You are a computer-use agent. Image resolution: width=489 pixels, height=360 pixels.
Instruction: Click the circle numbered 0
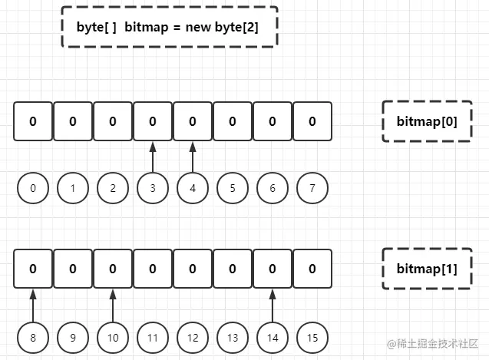[33, 188]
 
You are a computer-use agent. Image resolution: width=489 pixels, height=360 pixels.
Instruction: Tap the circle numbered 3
[153, 188]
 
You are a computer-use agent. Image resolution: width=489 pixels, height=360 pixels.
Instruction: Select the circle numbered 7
[312, 188]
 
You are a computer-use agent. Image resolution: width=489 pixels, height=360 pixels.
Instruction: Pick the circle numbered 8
[33, 335]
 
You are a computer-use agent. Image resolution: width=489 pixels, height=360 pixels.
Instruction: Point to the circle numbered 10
[113, 335]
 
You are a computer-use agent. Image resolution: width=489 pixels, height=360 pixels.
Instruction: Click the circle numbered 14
[273, 335]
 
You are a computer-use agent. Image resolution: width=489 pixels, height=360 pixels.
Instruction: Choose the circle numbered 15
[312, 335]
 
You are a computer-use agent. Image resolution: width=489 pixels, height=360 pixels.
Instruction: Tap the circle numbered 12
[193, 335]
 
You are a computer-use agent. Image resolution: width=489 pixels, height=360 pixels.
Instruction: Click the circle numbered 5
[233, 188]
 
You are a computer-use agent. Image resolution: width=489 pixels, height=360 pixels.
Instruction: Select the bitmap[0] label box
[426, 121]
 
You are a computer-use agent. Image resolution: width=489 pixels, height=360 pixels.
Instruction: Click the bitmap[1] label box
[426, 269]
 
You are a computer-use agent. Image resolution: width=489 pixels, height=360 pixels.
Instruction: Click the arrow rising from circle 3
[153, 157]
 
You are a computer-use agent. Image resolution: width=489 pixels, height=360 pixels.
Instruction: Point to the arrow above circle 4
[193, 157]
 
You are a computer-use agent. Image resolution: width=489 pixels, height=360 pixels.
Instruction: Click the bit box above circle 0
[33, 121]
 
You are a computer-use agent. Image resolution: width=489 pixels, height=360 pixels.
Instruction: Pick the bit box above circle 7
[312, 121]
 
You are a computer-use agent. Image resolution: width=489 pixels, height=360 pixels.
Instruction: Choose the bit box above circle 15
[312, 269]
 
